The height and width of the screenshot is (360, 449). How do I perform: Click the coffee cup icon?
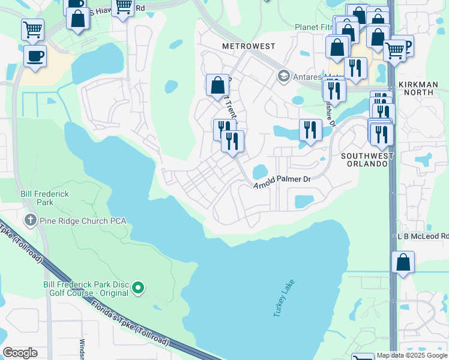click(35, 56)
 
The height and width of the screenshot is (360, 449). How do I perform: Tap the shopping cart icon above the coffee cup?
click(32, 29)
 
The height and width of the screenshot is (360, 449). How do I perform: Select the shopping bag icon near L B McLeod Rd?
click(403, 262)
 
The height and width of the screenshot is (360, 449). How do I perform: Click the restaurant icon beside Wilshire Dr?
click(310, 130)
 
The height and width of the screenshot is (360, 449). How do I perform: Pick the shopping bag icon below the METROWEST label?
click(217, 85)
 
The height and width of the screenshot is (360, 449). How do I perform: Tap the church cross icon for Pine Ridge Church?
click(30, 220)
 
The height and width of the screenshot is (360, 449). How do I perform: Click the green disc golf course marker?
click(138, 289)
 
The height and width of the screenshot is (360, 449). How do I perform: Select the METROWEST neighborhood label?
click(249, 46)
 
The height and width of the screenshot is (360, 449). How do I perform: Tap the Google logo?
click(20, 353)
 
